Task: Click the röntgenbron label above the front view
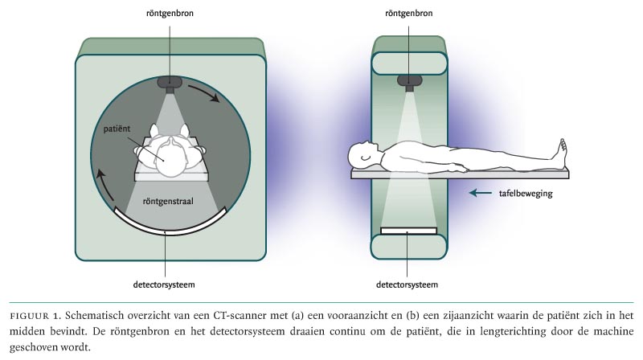[x=169, y=14]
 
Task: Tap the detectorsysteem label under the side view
[x=407, y=284]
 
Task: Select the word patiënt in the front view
[x=120, y=129]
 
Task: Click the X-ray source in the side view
[x=408, y=81]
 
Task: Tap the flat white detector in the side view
[x=408, y=231]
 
